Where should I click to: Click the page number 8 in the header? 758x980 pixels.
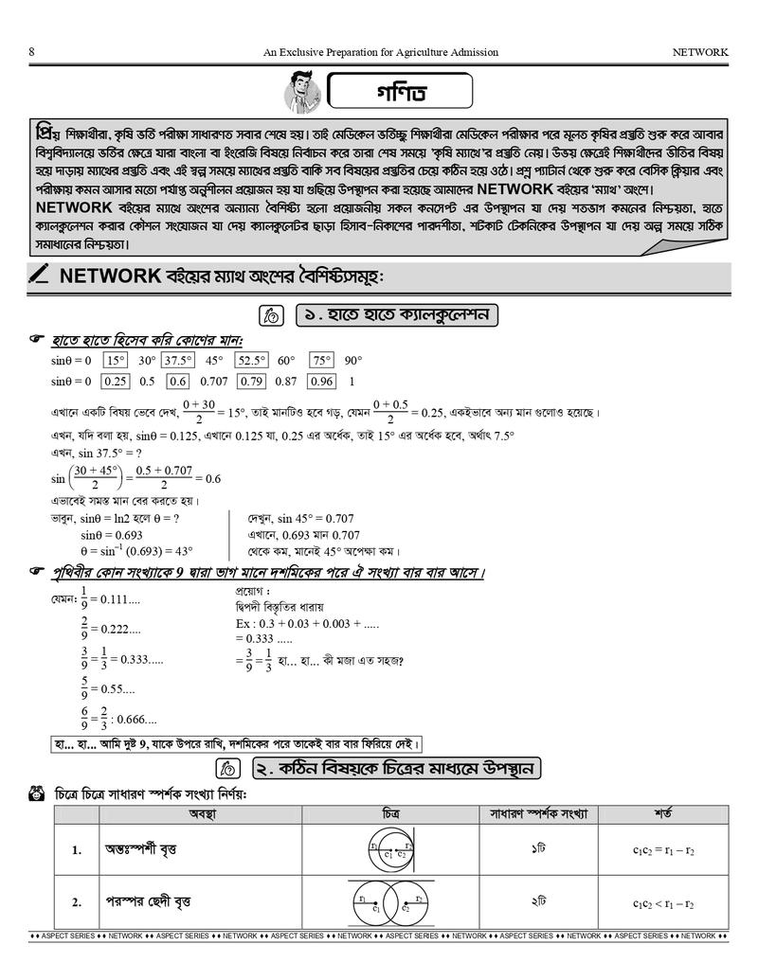tap(33, 52)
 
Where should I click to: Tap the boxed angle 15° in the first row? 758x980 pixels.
tap(116, 361)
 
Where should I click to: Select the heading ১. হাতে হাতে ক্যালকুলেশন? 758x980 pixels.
tap(397, 314)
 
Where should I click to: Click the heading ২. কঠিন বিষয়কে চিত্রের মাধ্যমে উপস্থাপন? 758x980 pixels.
tap(396, 767)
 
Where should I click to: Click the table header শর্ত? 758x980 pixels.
tap(663, 813)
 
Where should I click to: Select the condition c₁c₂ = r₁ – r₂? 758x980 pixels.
tap(663, 849)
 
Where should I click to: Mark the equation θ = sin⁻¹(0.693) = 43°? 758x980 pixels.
tap(135, 550)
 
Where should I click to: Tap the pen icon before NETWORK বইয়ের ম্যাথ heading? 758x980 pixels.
tap(39, 276)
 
